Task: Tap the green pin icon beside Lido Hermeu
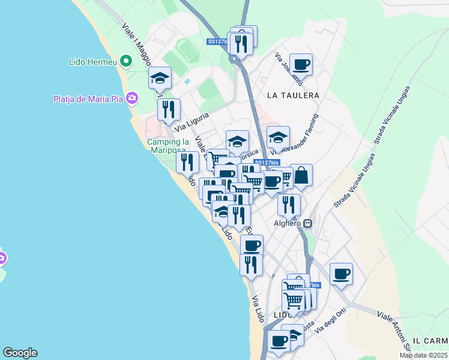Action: click(x=126, y=61)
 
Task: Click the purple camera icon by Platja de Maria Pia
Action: click(x=132, y=98)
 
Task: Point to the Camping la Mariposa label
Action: click(x=168, y=146)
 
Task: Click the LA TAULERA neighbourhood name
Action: click(x=293, y=95)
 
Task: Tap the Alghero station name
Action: click(x=287, y=223)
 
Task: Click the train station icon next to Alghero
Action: click(x=308, y=223)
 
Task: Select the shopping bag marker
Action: click(x=301, y=175)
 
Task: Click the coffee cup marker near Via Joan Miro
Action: click(x=301, y=64)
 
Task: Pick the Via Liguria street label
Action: click(x=192, y=121)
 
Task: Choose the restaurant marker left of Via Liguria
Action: click(x=169, y=109)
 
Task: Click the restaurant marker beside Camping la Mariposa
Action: click(x=188, y=162)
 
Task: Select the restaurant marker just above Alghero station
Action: click(x=289, y=205)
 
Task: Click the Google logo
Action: click(x=20, y=353)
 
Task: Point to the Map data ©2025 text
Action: click(x=424, y=355)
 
